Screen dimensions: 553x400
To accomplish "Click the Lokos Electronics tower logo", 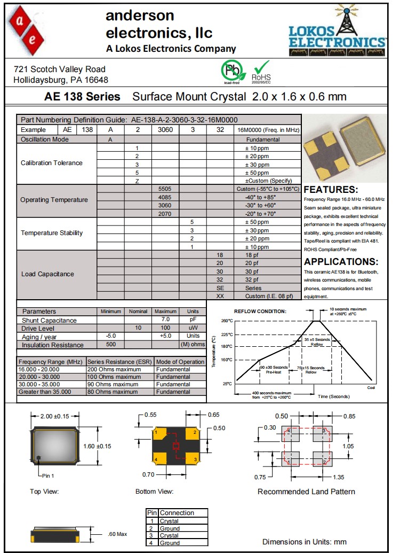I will [337, 32].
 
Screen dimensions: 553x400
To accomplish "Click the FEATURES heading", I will [331, 190].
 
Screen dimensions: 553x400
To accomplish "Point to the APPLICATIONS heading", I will [341, 262].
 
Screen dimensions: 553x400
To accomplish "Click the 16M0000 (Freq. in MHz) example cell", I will [268, 130].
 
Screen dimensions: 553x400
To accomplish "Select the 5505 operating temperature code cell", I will [165, 189].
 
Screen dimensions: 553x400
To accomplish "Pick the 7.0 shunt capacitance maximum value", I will [165, 320].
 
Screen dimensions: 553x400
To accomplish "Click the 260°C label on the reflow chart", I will [227, 321].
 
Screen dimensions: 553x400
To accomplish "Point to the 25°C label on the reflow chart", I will [227, 384].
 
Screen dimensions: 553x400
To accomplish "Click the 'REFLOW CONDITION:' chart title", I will [260, 311].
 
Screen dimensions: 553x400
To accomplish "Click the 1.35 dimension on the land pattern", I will [338, 477].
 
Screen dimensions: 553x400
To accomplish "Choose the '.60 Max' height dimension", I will [117, 534].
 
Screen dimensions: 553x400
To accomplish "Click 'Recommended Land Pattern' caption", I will [306, 492].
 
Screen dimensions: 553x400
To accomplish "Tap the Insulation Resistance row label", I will [52, 345].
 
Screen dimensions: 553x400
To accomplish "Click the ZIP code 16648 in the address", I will [97, 80].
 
